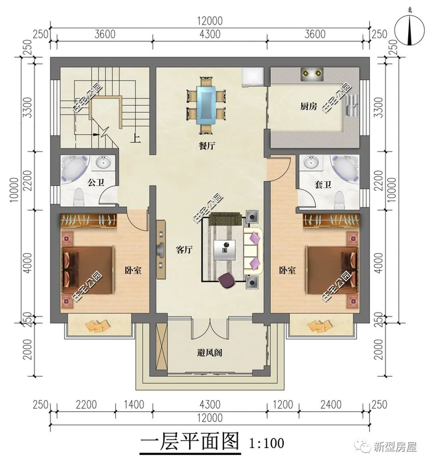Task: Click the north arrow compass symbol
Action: click(x=409, y=30)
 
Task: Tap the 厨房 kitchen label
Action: click(x=308, y=106)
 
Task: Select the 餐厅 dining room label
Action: click(x=207, y=146)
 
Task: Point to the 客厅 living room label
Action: click(x=184, y=250)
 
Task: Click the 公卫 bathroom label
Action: click(x=96, y=182)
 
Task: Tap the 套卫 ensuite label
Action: click(x=323, y=185)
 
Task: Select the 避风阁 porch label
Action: click(x=209, y=353)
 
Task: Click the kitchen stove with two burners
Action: click(x=312, y=74)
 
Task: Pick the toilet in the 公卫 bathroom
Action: click(x=78, y=197)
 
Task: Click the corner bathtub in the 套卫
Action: click(x=345, y=169)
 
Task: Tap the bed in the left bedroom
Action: click(x=88, y=270)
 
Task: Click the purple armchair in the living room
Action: click(x=227, y=280)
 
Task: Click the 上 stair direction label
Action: click(x=135, y=138)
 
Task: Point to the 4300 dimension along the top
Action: click(x=210, y=34)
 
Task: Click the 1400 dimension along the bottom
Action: click(x=134, y=404)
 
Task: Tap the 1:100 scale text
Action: click(x=267, y=443)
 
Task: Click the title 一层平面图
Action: click(x=190, y=442)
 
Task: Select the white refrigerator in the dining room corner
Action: click(x=252, y=78)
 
